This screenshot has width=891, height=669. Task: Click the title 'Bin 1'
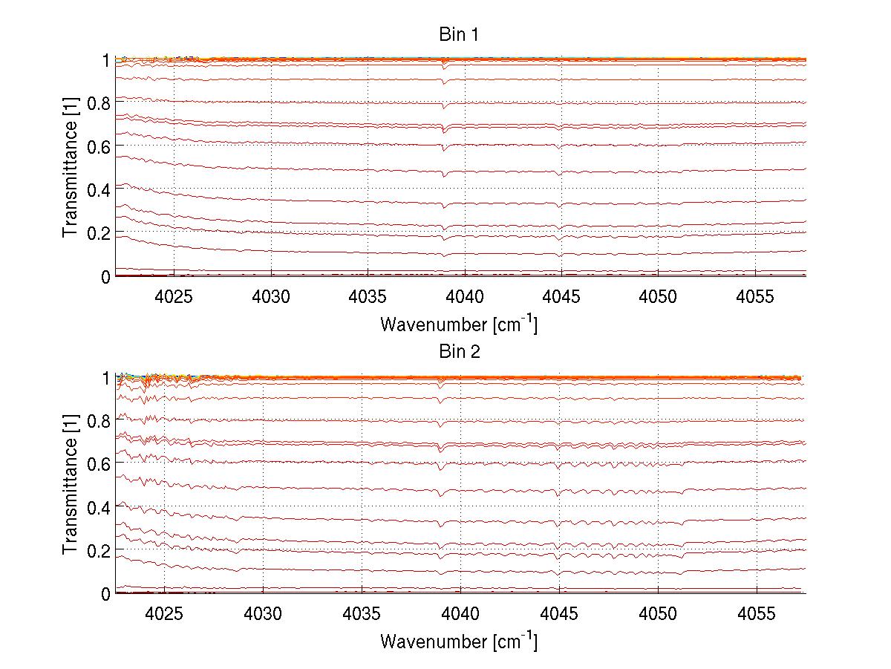(460, 34)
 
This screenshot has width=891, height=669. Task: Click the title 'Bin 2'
(460, 352)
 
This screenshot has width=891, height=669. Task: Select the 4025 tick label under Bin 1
(174, 296)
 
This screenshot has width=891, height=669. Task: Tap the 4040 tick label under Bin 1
(465, 296)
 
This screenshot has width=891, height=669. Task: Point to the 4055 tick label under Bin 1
(755, 296)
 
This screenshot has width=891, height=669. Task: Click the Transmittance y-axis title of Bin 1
(71, 168)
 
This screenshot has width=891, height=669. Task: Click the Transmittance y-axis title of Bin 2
(71, 486)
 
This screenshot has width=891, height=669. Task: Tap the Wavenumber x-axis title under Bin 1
(458, 324)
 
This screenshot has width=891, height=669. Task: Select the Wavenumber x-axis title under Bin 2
(458, 641)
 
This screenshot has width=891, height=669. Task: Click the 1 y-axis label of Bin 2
(105, 378)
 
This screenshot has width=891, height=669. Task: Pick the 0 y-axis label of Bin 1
(105, 277)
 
